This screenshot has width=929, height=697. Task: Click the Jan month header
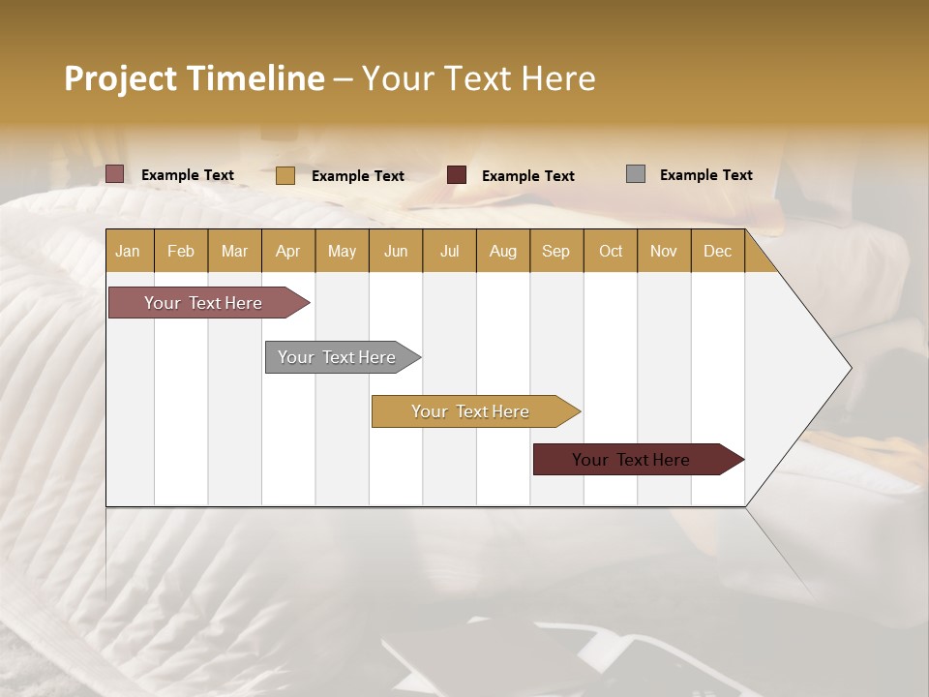click(129, 251)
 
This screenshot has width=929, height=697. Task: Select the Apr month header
click(288, 251)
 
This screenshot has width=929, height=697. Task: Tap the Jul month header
click(449, 251)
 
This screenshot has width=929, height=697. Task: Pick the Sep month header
click(555, 251)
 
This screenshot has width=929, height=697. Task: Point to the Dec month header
click(717, 251)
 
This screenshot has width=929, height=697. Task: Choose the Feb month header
click(181, 251)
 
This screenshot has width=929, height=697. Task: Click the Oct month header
click(610, 251)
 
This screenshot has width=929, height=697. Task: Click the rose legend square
click(115, 174)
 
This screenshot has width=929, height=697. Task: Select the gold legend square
click(285, 175)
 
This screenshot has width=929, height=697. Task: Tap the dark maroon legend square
click(457, 175)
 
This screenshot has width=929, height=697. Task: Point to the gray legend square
click(636, 174)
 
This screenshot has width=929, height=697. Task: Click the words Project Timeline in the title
click(194, 78)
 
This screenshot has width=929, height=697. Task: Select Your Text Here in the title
click(478, 78)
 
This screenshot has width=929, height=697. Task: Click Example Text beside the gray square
click(705, 175)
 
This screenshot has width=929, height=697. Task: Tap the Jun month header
click(396, 251)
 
